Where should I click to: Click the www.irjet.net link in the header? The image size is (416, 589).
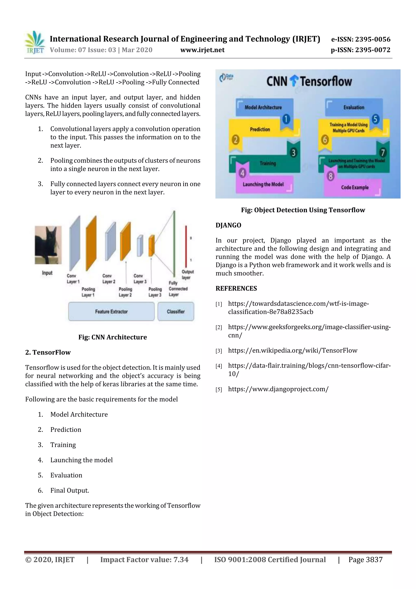tap(202, 50)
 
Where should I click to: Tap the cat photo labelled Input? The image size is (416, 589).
tap(48, 245)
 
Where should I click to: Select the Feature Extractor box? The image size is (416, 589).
tap(111, 311)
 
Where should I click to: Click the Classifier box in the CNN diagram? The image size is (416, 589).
tap(176, 311)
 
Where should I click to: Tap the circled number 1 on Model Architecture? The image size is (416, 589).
tap(286, 119)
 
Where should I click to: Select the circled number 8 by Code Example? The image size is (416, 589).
tap(331, 176)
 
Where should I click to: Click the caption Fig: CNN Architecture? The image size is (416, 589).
tap(113, 337)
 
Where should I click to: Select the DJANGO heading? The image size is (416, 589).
tap(228, 225)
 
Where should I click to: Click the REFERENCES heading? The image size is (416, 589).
tap(236, 288)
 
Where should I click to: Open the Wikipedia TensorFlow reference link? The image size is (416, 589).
tap(292, 351)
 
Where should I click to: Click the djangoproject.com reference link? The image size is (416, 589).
tap(278, 389)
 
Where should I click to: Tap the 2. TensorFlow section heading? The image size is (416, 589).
tap(48, 352)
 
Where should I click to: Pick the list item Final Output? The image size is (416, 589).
tap(69, 490)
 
